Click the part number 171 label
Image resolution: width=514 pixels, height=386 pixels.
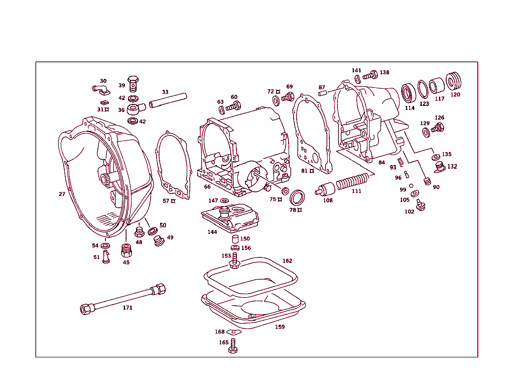(127, 308)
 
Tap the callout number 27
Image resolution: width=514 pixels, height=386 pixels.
(62, 194)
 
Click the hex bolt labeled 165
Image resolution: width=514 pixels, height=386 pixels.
(232, 347)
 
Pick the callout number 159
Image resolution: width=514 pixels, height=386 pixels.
(280, 327)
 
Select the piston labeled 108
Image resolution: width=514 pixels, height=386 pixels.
(326, 190)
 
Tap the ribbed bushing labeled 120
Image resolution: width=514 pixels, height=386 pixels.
(454, 81)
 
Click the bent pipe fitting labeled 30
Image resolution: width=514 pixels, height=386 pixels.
(100, 89)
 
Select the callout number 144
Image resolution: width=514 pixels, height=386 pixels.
(212, 232)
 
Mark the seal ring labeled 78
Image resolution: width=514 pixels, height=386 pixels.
(298, 196)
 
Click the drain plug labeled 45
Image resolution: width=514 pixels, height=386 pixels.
(126, 249)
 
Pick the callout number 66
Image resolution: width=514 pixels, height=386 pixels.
(207, 187)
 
